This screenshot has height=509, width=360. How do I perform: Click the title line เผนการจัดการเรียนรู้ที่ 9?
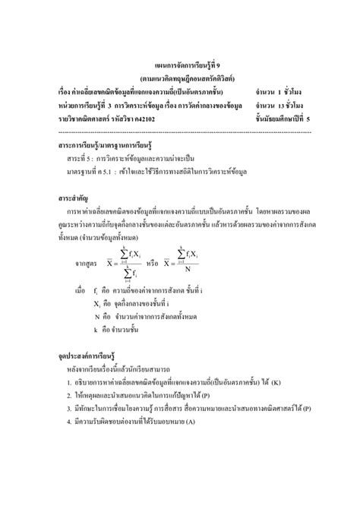179,66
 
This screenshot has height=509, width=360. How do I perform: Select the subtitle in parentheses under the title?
179,78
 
